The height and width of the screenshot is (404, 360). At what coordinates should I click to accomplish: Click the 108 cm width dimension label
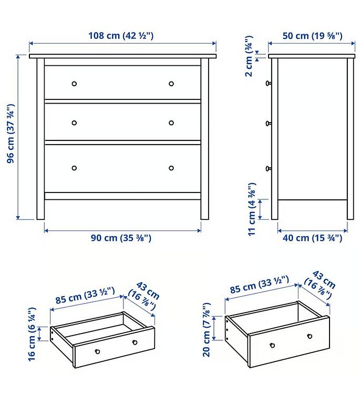coord(121,35)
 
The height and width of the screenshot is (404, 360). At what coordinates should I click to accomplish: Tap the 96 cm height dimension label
coord(11,134)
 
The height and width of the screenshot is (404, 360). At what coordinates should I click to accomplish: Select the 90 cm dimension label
coord(121,238)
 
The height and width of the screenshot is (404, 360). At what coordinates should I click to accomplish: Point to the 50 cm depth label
coord(312,36)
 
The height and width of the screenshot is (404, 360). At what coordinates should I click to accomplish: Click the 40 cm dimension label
coord(312,238)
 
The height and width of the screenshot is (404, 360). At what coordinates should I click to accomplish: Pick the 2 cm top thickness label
coord(249,56)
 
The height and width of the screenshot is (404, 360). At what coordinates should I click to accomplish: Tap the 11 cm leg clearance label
coord(252,209)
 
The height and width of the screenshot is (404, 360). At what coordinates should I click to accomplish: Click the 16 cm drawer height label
coord(32,334)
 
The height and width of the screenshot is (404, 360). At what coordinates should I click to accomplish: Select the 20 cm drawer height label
coord(207,330)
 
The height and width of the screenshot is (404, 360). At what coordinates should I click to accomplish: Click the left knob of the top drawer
coord(74,84)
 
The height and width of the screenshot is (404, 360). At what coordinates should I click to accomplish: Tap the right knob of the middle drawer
coord(171,123)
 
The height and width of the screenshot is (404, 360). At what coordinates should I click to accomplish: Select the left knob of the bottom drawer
coord(74,168)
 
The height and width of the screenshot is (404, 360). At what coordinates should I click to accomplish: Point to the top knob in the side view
coord(268,83)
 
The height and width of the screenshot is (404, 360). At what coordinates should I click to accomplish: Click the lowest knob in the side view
coord(268,168)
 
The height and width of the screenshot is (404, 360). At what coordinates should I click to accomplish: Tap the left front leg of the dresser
coord(40,139)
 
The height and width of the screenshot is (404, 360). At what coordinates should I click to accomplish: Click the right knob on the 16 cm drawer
coord(135,342)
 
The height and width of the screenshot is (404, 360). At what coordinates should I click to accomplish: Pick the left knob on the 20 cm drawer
coord(272,345)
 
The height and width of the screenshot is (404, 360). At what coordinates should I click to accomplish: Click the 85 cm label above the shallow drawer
coord(85,296)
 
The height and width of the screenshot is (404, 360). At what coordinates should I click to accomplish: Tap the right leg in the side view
coord(350,139)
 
